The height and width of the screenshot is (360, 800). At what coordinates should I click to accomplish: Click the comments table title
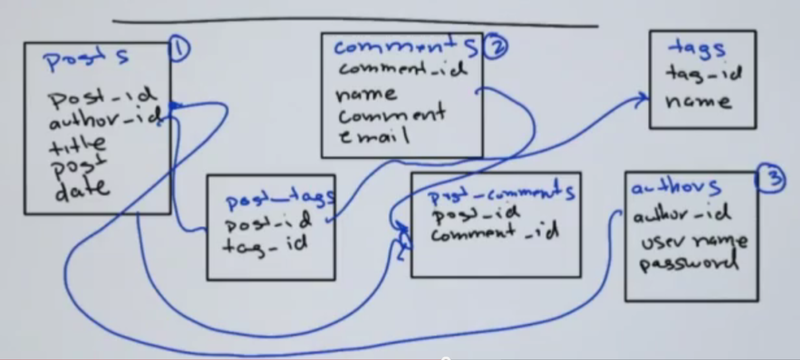[405, 47]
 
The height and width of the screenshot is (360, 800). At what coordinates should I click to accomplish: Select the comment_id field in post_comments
[494, 235]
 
